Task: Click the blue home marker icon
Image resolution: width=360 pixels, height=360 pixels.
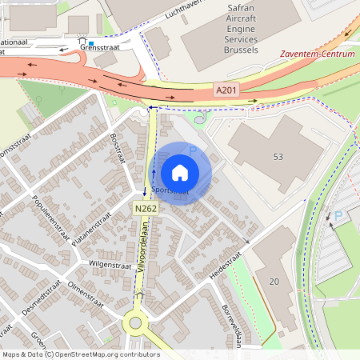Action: pos(180,172)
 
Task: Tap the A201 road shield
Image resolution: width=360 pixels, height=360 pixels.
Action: pos(227,92)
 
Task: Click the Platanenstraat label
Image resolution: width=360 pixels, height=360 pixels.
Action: pos(90,230)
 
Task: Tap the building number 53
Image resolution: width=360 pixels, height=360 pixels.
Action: pos(278,156)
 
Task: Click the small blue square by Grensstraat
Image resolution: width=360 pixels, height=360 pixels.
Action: pos(91,43)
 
